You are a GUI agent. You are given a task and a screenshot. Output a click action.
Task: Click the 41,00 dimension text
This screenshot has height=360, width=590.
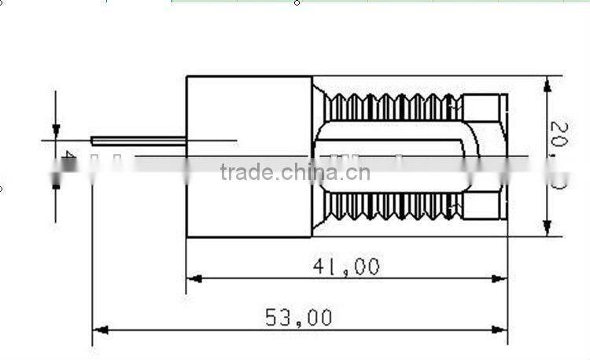click(346, 267)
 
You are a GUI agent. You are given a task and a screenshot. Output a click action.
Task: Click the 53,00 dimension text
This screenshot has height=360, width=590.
click(298, 318)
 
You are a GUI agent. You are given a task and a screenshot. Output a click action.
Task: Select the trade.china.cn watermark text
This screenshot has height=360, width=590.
click(295, 172)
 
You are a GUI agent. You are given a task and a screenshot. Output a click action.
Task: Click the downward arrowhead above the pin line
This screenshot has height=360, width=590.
click(56, 130)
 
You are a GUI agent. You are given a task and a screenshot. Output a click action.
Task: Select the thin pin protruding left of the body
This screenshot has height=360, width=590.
click(138, 141)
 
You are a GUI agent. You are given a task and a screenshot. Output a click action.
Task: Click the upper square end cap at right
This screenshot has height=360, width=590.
click(485, 107)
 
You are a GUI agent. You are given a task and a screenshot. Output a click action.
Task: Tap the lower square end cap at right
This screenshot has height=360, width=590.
click(485, 205)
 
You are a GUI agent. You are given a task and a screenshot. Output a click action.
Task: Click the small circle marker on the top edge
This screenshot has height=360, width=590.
click(297, 2)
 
